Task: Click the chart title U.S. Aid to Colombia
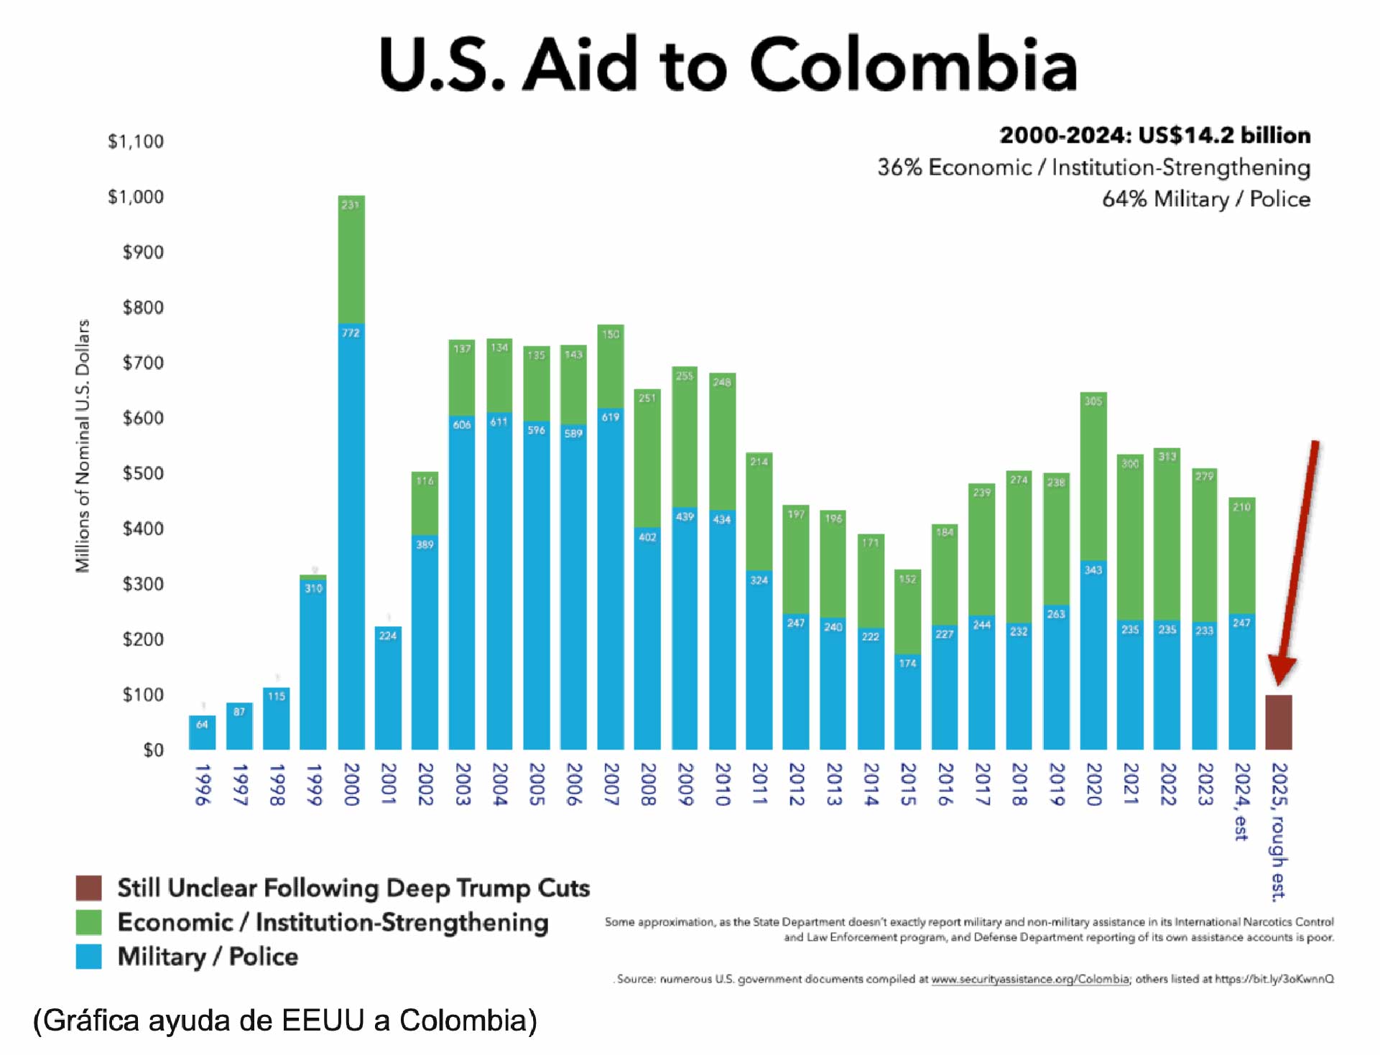point(728,65)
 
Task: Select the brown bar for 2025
point(1278,722)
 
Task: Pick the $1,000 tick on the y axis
point(136,197)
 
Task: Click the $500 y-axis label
point(143,473)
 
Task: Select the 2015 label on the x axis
point(908,784)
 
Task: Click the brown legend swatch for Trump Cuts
point(89,888)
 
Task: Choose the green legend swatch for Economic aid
point(89,922)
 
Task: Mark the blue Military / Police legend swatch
point(89,957)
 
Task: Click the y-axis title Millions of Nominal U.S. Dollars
point(83,445)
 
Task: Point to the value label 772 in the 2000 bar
point(351,333)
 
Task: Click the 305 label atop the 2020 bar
point(1093,401)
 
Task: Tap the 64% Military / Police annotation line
point(1206,199)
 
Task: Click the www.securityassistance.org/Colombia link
point(1030,979)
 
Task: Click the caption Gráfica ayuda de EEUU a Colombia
point(285,1021)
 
